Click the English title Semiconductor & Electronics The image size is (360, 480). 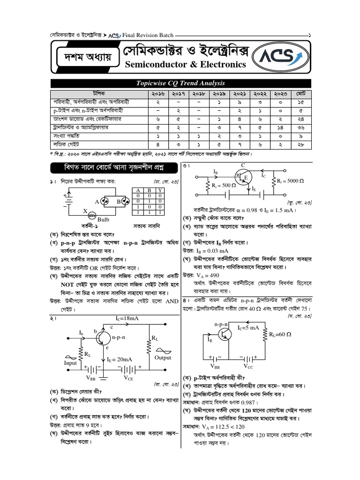click(185, 65)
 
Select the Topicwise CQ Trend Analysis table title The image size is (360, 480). click(180, 83)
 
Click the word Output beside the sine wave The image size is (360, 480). click(163, 358)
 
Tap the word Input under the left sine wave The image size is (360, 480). click(70, 363)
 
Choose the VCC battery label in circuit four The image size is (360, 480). click(250, 366)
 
